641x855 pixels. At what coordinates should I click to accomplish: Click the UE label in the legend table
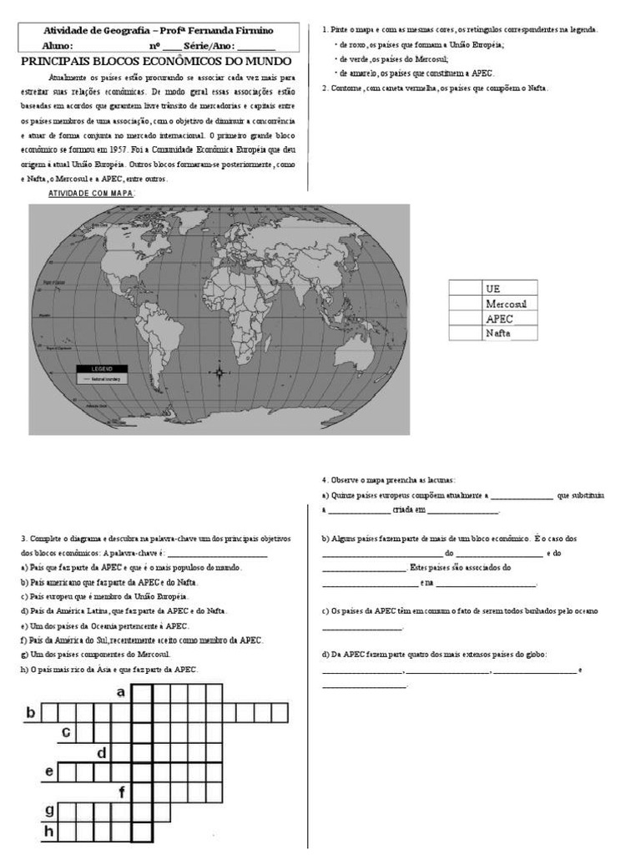point(492,288)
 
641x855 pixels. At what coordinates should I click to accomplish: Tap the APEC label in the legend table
point(498,318)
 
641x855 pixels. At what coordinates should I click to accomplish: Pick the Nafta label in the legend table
point(498,333)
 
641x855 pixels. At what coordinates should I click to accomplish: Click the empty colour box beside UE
point(465,288)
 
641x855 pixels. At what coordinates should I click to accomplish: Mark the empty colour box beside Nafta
point(465,333)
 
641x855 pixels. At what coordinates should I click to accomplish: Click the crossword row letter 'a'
point(121,692)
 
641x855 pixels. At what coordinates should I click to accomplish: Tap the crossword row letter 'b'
point(31,712)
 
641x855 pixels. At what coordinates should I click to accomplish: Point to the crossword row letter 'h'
point(49,831)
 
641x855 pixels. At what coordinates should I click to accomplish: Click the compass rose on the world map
point(220,372)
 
